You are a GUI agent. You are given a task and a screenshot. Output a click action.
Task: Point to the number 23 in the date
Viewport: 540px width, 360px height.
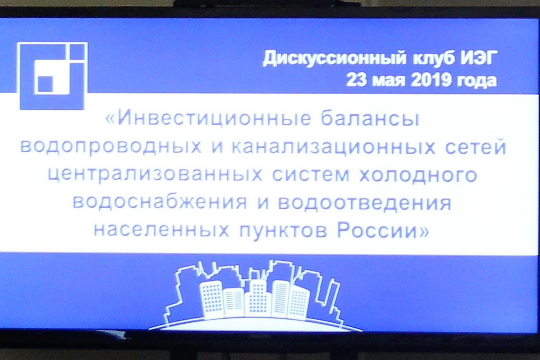pyautogui.click(x=356, y=81)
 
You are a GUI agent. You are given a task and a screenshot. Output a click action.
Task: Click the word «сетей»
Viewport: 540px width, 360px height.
pyautogui.click(x=466, y=147)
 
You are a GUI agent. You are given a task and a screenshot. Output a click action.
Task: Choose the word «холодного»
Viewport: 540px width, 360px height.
pyautogui.click(x=417, y=174)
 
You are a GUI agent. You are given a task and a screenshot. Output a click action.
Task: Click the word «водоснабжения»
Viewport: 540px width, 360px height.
pyautogui.click(x=160, y=203)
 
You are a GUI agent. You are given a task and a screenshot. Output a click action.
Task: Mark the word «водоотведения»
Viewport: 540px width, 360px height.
pyautogui.click(x=365, y=202)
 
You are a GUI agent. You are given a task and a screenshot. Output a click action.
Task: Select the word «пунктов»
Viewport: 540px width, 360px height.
pyautogui.click(x=282, y=230)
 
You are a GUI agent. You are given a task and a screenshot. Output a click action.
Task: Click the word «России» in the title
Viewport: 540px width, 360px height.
pyautogui.click(x=382, y=230)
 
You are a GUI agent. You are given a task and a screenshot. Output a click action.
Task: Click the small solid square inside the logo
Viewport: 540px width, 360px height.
pyautogui.click(x=45, y=84)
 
